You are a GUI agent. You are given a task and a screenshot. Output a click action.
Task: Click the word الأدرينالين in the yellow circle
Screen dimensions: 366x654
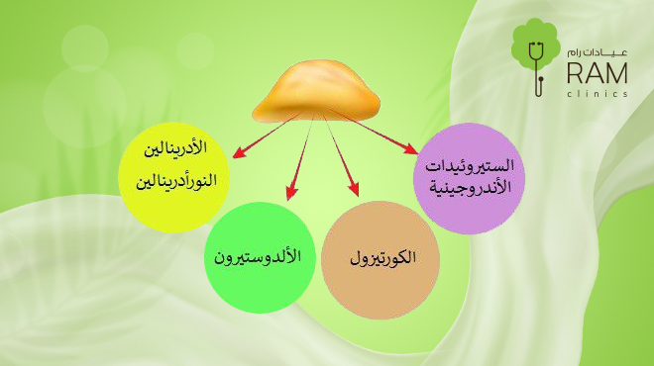[x=176, y=150]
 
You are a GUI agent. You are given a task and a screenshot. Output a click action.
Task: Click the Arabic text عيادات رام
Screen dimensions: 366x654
[x=599, y=48]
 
